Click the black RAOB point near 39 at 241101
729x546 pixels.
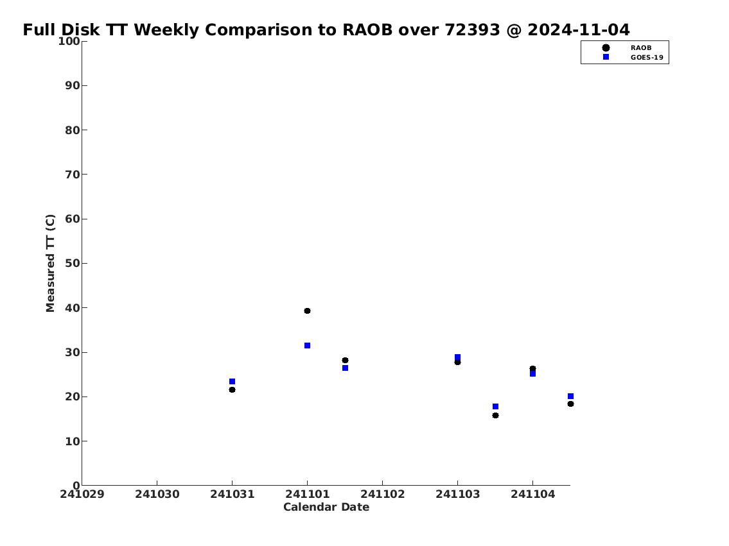point(307,311)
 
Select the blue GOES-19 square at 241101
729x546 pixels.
point(307,345)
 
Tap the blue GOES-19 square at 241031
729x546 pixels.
point(232,382)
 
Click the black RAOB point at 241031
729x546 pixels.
point(232,389)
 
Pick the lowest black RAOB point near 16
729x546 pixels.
point(496,416)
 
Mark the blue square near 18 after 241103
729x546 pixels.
point(496,407)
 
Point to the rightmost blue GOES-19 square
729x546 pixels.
point(570,397)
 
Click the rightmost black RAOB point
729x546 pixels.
point(570,404)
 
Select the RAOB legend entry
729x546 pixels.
point(640,48)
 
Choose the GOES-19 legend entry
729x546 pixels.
point(647,58)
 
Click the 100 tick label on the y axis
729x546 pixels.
point(69,41)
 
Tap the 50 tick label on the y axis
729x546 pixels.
point(73,263)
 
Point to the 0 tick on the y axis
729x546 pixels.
point(76,486)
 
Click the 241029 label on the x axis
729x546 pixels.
point(82,494)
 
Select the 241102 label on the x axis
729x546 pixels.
point(383,494)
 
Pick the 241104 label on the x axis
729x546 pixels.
point(533,494)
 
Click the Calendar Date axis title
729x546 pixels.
point(326,507)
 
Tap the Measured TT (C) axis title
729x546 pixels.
point(50,263)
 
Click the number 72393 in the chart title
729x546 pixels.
point(472,30)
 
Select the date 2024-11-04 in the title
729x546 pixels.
point(579,30)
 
